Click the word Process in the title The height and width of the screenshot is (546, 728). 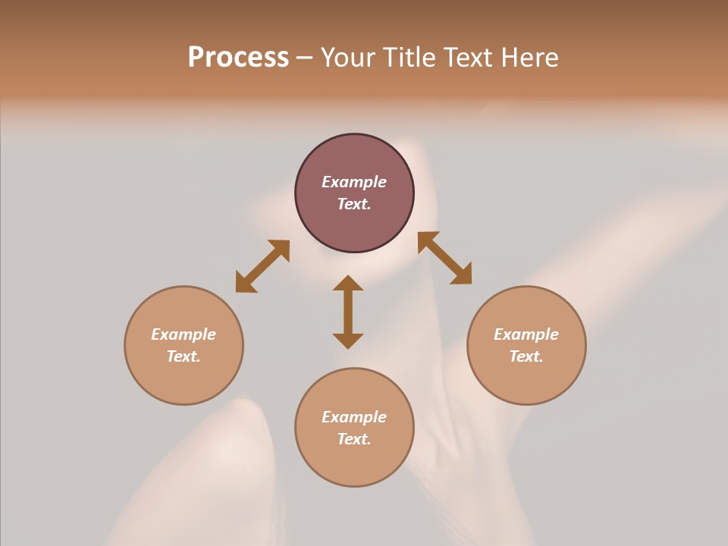(x=238, y=58)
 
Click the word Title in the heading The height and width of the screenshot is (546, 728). (x=409, y=58)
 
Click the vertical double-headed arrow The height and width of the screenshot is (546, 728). (x=348, y=312)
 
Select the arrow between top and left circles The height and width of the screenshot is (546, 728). (x=262, y=265)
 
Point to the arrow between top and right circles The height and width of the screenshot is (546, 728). (x=445, y=258)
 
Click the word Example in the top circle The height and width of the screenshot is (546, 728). (x=354, y=182)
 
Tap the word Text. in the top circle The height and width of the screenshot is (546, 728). (x=354, y=204)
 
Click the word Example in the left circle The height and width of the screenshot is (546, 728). (x=184, y=334)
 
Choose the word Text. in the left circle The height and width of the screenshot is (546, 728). (x=184, y=356)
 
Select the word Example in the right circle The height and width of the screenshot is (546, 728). (x=526, y=334)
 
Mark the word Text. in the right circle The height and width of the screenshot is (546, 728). (x=526, y=356)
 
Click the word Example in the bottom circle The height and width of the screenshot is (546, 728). (x=354, y=417)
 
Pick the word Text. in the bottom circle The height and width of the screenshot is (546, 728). (x=354, y=439)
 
